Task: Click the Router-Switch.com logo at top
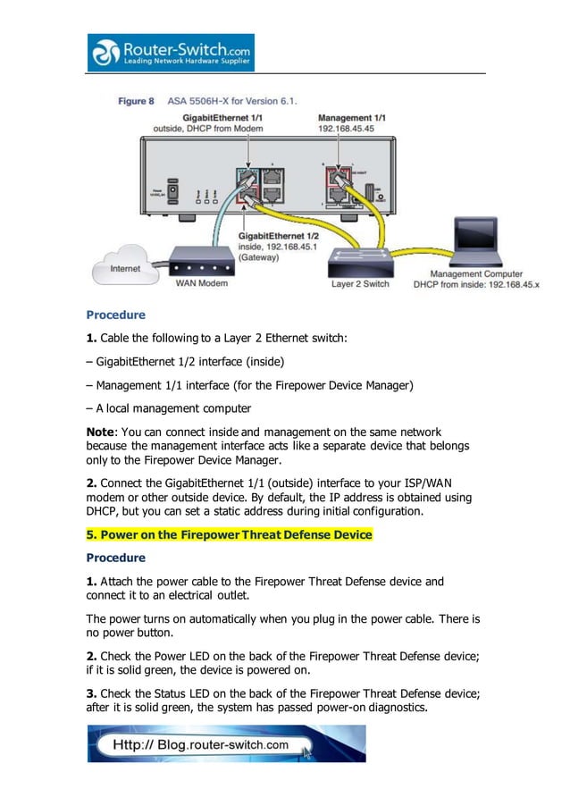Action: pos(170,53)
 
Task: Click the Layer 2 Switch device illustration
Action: pos(360,264)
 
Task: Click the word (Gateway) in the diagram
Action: pos(259,256)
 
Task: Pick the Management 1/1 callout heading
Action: pos(352,117)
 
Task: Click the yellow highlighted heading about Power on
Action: pos(229,534)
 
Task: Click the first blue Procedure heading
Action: pos(115,315)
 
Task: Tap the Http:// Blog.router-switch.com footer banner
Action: pos(226,743)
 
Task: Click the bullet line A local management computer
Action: pos(169,408)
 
